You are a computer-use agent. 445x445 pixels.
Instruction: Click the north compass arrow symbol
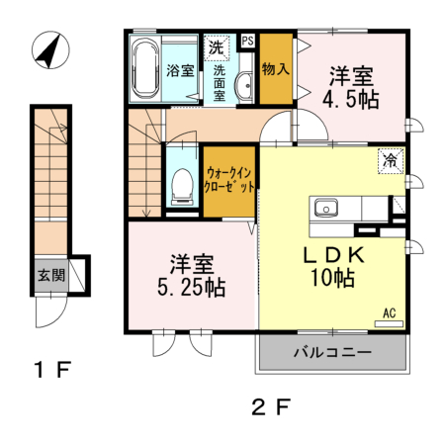(46, 50)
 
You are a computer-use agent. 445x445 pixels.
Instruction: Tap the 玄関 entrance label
(51, 275)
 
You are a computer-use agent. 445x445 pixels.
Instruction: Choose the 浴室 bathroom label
(179, 70)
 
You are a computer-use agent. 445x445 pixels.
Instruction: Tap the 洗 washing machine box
(216, 45)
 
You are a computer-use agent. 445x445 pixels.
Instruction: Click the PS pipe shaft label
(247, 42)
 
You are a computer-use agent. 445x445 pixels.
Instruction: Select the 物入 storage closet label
(276, 70)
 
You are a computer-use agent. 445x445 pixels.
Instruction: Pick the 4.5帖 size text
(351, 100)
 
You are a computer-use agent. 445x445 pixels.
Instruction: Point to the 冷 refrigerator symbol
(391, 158)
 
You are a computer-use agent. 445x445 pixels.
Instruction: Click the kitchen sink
(325, 208)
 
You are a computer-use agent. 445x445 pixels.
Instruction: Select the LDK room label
(334, 253)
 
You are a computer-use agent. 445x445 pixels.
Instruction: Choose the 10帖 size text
(334, 279)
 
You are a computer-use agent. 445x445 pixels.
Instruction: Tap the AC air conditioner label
(390, 313)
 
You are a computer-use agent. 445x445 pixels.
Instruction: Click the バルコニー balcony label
(331, 352)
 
